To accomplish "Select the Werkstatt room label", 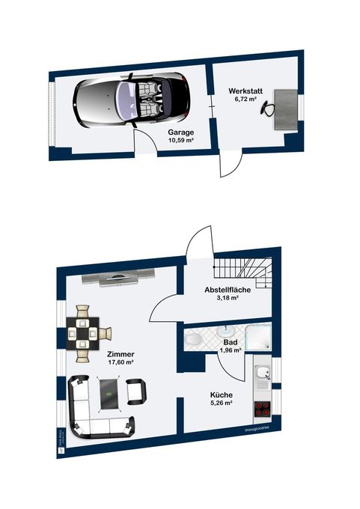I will (244, 91).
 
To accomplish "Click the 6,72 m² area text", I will (244, 100).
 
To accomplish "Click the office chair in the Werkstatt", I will (267, 109).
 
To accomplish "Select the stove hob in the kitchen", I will (263, 409).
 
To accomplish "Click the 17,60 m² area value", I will (120, 362).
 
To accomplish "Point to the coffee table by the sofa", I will (109, 393).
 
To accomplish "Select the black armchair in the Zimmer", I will (136, 391).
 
